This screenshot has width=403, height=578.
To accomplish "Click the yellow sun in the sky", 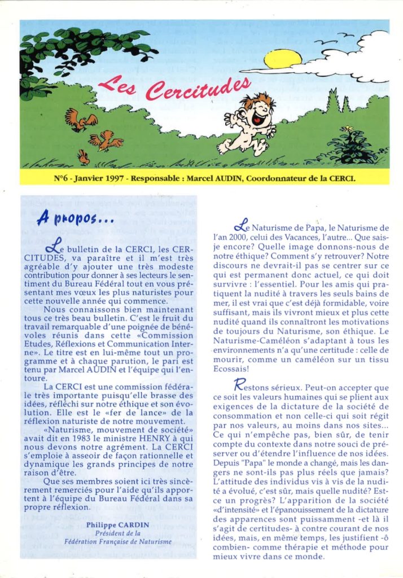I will (283, 59).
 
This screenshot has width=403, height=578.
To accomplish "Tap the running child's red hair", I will (257, 102).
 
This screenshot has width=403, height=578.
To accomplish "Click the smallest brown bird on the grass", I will (84, 157).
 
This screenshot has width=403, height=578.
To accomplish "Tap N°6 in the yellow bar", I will (62, 178).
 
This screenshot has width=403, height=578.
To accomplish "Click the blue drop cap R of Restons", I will (239, 385).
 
